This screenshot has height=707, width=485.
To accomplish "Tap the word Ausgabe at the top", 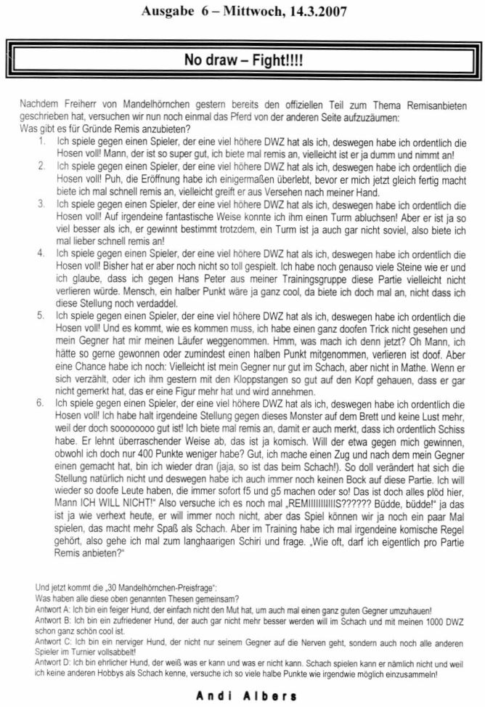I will [x=166, y=11].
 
